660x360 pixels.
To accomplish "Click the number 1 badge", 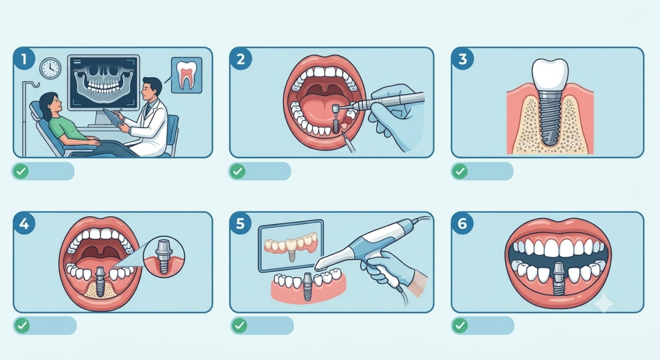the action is coord(24,59).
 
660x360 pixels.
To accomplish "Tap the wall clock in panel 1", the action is coord(51,68).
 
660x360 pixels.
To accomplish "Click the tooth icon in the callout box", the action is coord(187,75).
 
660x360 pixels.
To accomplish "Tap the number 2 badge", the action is coord(241,59).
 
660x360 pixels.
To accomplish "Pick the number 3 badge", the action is coord(463,59).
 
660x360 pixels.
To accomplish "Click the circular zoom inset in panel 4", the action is coord(164,256).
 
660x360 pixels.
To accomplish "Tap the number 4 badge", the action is coord(24,223).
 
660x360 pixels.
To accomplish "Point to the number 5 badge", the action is coord(241,223).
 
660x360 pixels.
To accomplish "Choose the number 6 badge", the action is coord(463,223).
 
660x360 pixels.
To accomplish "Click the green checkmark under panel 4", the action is coord(22,325).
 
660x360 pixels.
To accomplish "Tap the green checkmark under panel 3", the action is coord(460,171).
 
